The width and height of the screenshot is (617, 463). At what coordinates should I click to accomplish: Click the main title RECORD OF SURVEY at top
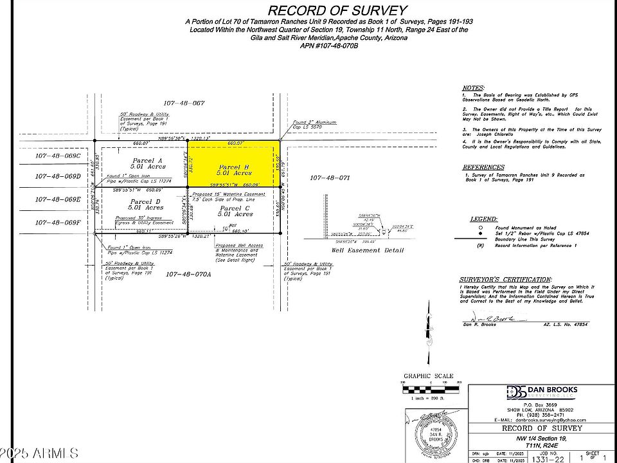pyautogui.click(x=337, y=10)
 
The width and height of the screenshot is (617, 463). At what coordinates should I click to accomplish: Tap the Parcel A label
pyautogui.click(x=148, y=160)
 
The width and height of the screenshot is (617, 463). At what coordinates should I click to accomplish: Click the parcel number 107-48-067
pyautogui.click(x=183, y=103)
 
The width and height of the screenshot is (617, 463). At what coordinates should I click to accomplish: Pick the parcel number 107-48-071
pyautogui.click(x=329, y=177)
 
